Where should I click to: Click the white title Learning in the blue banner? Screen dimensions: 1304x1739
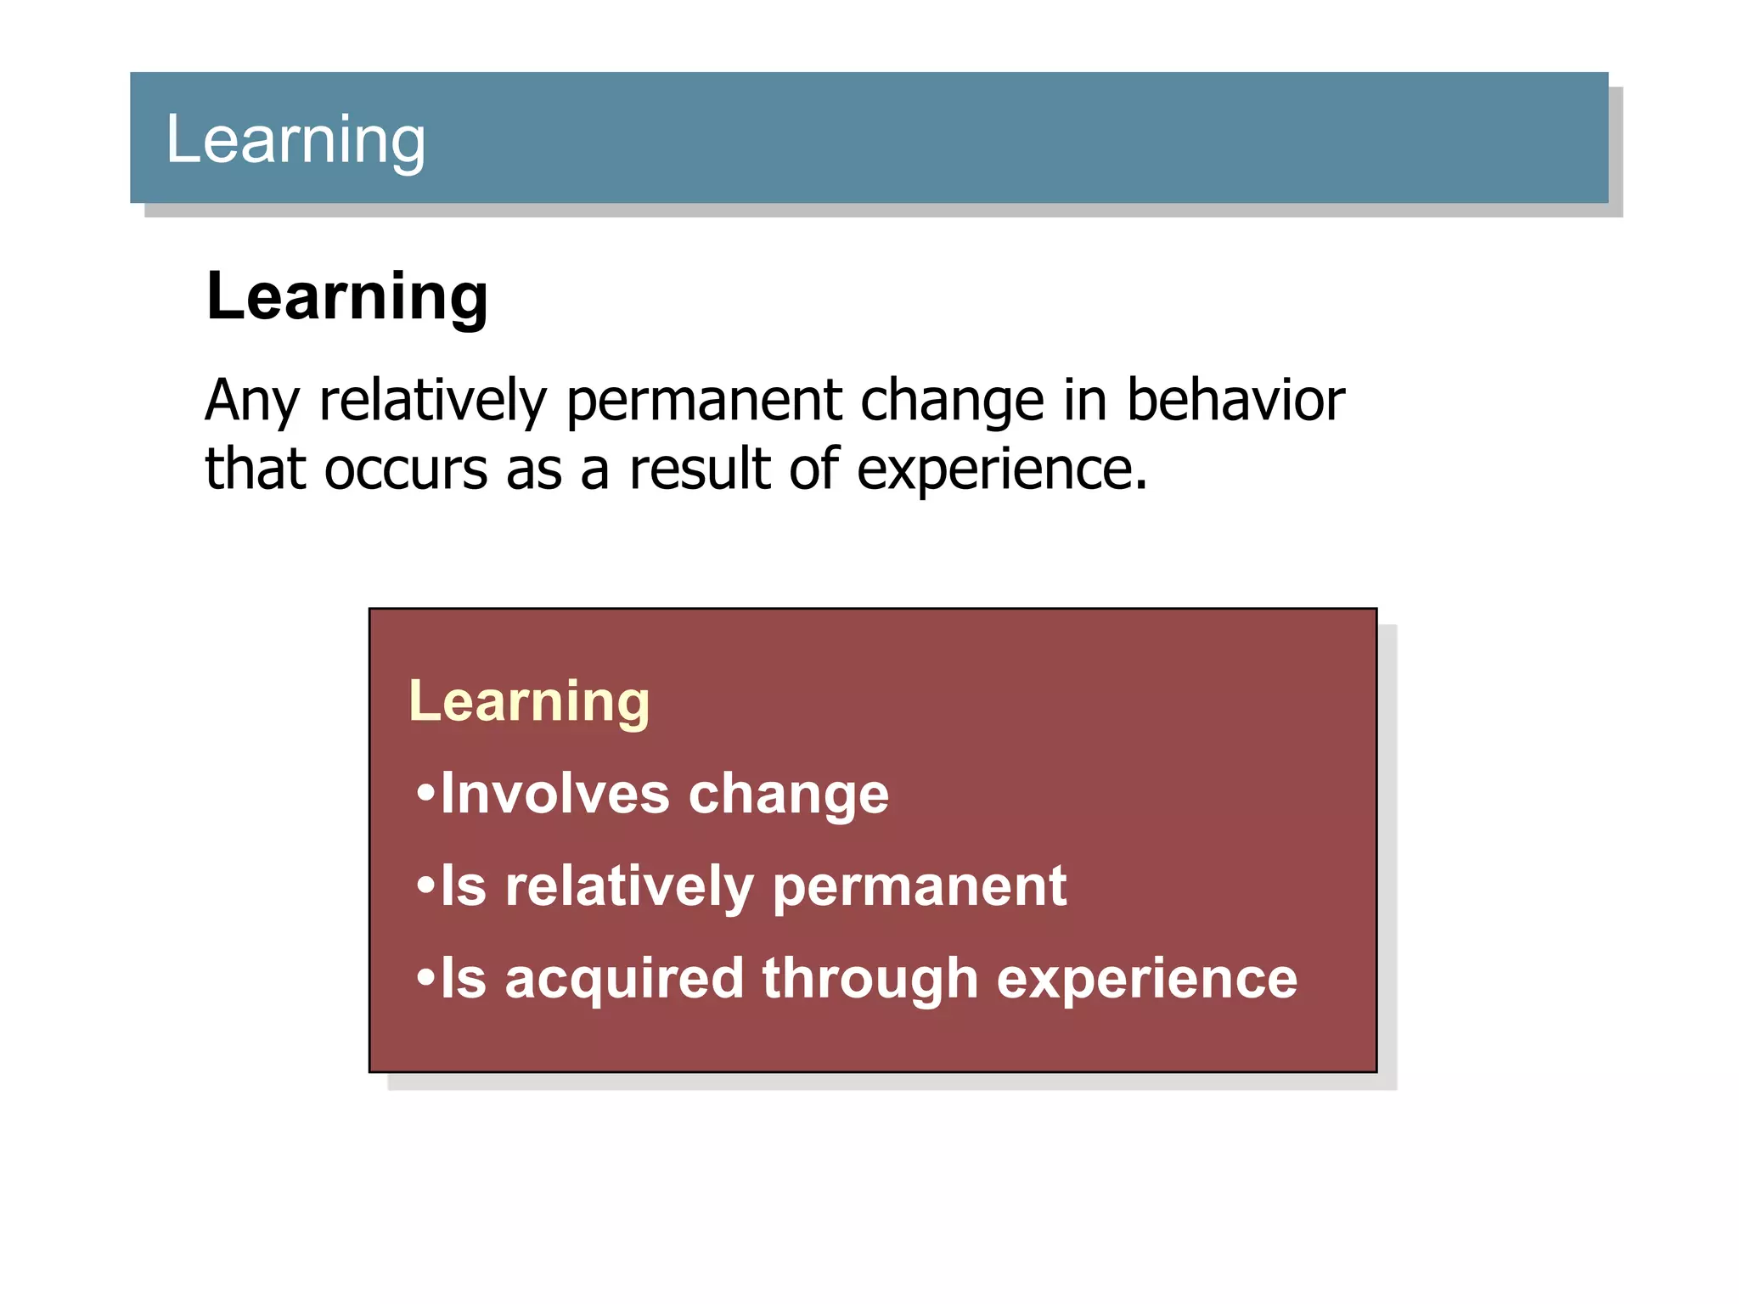pos(295,140)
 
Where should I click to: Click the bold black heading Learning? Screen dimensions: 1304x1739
pos(347,296)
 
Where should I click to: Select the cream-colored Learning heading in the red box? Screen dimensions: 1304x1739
pos(529,702)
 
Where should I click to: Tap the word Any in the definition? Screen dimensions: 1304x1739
pos(252,401)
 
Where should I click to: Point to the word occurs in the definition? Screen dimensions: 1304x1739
pos(406,469)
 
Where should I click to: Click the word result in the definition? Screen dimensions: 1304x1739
pos(700,469)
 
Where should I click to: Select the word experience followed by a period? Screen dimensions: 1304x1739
pos(1001,470)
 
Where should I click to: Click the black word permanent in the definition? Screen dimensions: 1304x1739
pos(704,401)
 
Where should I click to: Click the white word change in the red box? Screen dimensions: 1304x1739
pos(789,795)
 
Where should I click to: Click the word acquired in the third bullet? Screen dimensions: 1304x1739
pos(624,980)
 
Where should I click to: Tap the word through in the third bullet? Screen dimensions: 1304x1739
pos(870,980)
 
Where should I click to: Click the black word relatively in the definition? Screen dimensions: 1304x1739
pos(433,401)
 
